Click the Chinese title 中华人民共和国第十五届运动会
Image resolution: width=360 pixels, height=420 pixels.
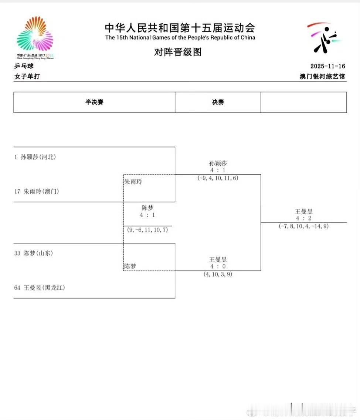click(180, 28)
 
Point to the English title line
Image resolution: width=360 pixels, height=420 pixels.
click(180, 37)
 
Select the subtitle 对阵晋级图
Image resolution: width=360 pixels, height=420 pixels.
click(178, 52)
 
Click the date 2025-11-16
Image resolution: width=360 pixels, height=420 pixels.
click(327, 66)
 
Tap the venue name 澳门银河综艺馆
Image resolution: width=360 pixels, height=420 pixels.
click(322, 77)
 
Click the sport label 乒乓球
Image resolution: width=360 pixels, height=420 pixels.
click(24, 66)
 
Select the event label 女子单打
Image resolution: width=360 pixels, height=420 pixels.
click(27, 77)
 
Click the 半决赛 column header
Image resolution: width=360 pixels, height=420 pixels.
click(94, 102)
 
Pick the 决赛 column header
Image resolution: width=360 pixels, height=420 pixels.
click(218, 102)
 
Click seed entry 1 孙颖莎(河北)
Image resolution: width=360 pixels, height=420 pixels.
click(35, 157)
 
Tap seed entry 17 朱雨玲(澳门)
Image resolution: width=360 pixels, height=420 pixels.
click(37, 191)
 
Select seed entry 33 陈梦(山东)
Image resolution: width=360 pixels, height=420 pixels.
click(34, 253)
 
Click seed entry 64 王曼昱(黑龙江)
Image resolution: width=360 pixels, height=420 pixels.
click(40, 288)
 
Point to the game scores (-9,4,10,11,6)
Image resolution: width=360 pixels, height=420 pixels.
click(218, 178)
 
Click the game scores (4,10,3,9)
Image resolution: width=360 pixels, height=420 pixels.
click(218, 274)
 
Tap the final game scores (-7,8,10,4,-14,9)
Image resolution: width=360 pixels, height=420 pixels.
click(303, 226)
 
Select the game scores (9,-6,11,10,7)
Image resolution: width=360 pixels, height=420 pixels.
click(147, 230)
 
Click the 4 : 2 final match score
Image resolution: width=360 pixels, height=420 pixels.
click(303, 219)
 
